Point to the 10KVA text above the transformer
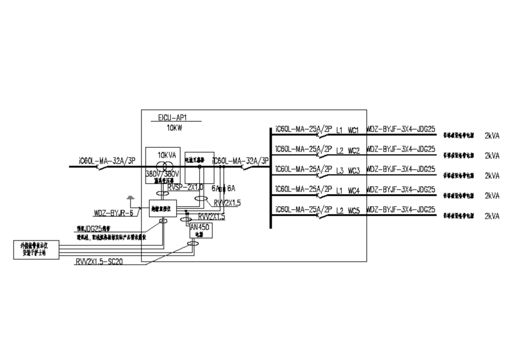[167, 155]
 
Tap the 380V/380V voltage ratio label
[162, 174]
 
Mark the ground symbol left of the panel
[130, 197]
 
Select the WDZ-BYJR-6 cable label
[113, 213]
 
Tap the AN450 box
[199, 229]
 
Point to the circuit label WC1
[354, 130]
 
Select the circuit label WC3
[354, 171]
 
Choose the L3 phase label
[340, 171]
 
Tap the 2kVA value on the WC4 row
[492, 196]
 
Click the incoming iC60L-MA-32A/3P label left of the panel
[106, 161]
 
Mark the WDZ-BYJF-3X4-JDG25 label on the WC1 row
[401, 129]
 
